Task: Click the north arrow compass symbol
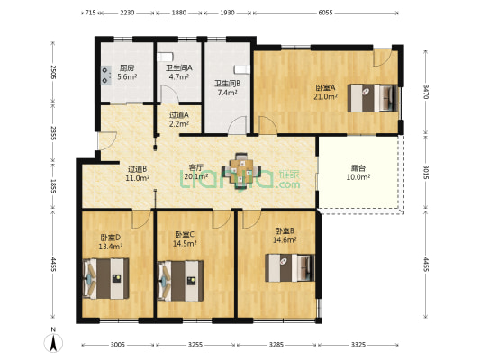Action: pos(53,343)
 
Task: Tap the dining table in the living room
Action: pos(241,171)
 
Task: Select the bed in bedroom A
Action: pos(373,98)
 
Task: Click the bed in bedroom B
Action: pos(290,267)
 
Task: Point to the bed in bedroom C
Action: pos(180,281)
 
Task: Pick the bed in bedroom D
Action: pos(105,278)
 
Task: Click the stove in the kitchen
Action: pos(106,76)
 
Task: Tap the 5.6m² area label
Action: pos(127,77)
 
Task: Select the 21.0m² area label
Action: pos(325,96)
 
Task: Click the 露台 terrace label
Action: pos(358,168)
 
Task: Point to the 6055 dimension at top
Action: pos(325,13)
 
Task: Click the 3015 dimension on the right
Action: pos(425,173)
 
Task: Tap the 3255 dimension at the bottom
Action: pos(195,345)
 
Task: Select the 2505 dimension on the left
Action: pos(53,73)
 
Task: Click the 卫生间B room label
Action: pos(227,83)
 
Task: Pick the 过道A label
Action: pos(179,115)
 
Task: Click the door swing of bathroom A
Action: pos(169,94)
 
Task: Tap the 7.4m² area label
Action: pos(227,93)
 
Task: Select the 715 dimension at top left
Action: pos(90,13)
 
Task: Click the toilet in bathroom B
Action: pos(242,69)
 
